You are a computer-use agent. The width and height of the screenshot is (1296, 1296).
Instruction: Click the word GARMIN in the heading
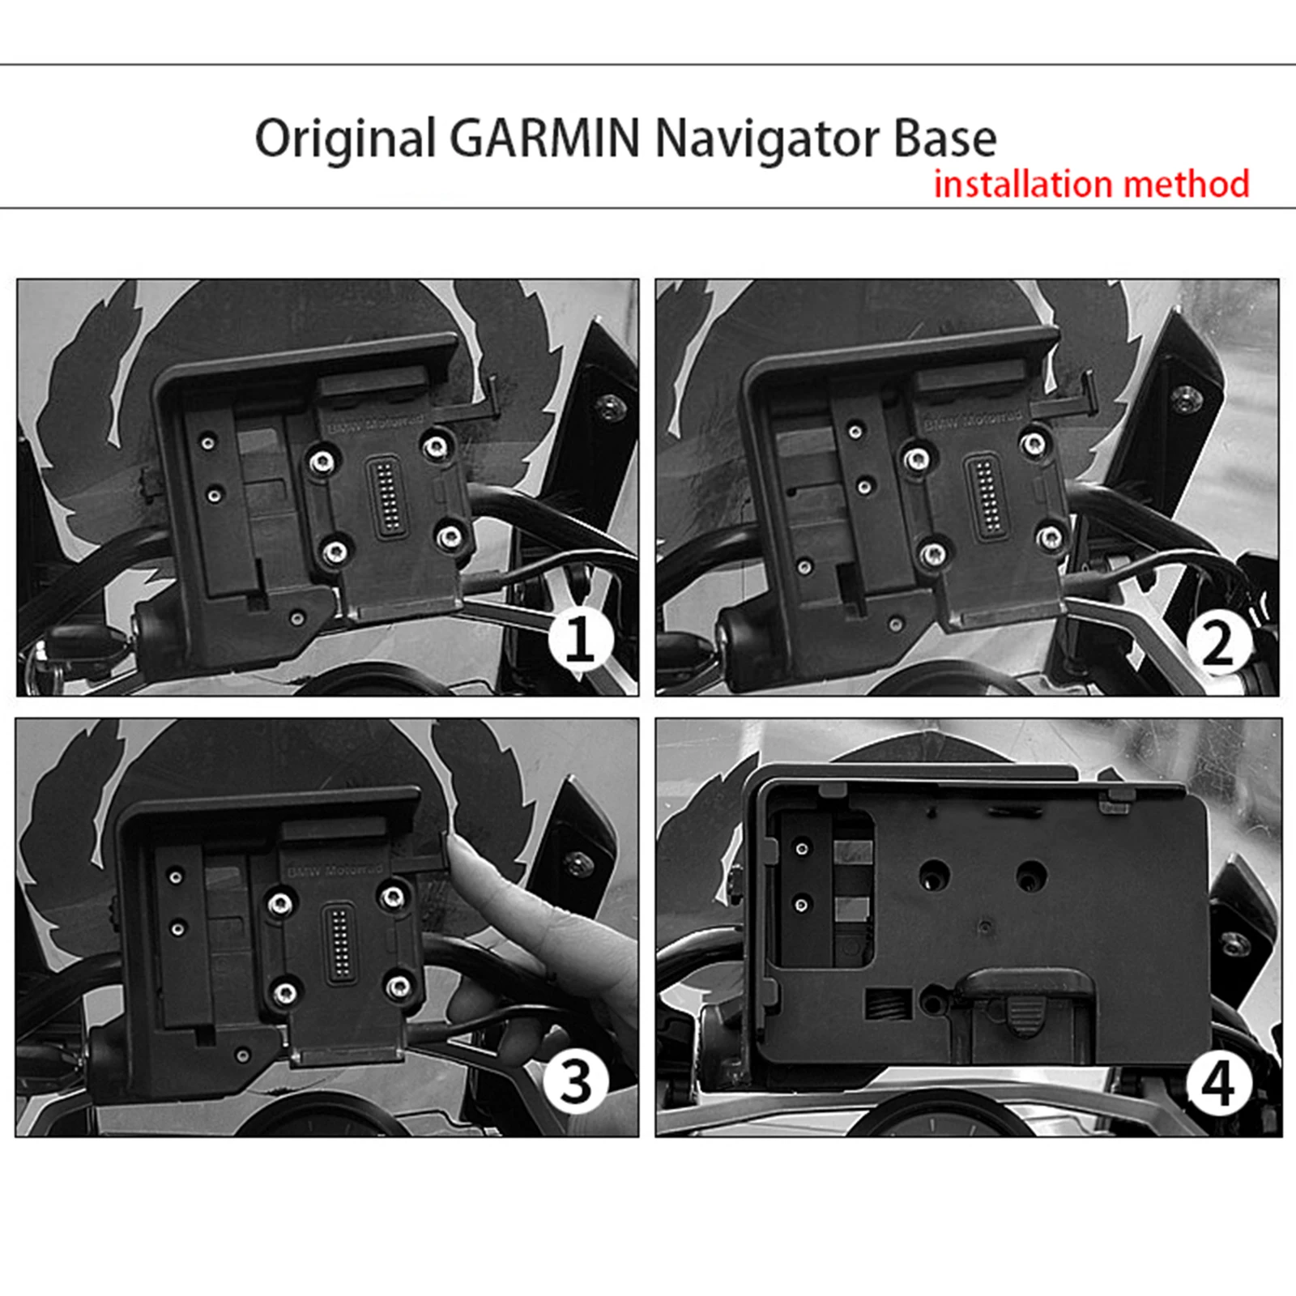[x=544, y=139]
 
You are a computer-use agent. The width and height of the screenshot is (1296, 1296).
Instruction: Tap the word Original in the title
[x=346, y=139]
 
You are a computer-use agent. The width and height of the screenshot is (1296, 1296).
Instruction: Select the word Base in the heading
[x=944, y=139]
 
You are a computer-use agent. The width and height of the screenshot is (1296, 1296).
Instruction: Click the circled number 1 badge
[x=579, y=640]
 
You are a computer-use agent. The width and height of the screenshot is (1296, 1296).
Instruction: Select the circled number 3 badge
[x=575, y=1081]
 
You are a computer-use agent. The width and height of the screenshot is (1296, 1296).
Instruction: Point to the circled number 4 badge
[x=1217, y=1083]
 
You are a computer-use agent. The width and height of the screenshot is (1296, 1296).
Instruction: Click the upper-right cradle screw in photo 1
[x=437, y=446]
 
